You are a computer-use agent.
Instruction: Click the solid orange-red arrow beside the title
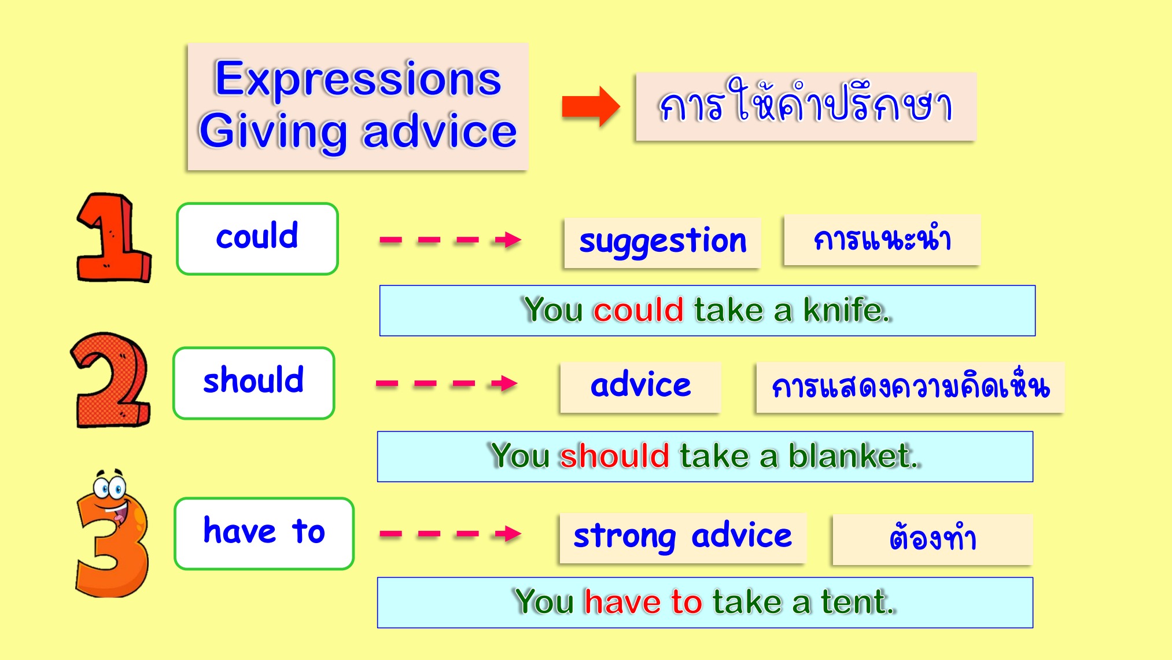[591, 107]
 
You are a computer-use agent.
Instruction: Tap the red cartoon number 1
[113, 238]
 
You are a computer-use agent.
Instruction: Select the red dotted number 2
[110, 380]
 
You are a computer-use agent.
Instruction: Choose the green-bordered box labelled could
[257, 239]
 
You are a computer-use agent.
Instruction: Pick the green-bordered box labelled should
[254, 383]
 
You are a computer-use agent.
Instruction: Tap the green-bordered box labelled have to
[264, 533]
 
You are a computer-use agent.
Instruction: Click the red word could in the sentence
[638, 310]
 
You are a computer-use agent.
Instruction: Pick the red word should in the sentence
[614, 456]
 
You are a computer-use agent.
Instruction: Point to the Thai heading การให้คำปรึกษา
[806, 102]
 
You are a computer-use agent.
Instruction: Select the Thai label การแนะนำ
[882, 239]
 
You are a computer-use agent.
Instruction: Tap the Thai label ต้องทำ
[933, 538]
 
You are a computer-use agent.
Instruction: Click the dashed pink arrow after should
[447, 383]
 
